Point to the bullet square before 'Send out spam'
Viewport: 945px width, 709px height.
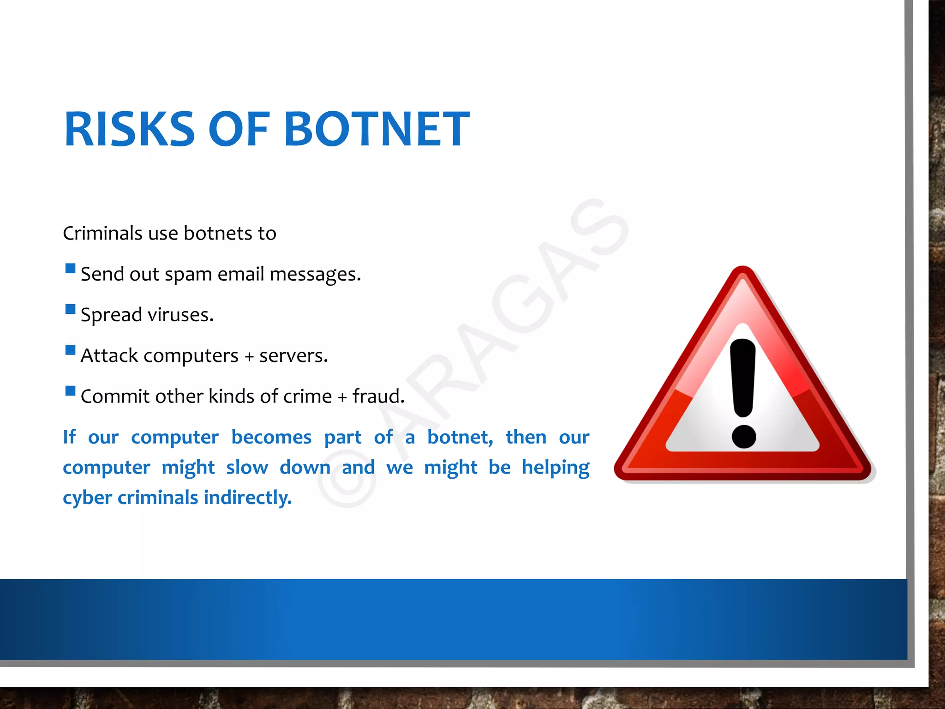[70, 269]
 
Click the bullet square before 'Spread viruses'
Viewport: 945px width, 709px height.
[70, 309]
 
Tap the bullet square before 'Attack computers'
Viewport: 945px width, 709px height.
[70, 350]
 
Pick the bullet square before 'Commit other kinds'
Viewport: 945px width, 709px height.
[70, 391]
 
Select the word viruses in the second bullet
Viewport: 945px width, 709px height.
[180, 315]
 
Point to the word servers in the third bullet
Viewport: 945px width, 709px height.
[293, 356]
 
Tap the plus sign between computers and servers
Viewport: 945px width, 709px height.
[249, 357]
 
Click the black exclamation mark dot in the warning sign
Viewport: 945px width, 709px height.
[744, 436]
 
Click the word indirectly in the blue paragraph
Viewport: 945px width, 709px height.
[248, 498]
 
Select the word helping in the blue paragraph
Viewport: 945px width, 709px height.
[556, 468]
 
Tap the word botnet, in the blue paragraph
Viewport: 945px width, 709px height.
[460, 438]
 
